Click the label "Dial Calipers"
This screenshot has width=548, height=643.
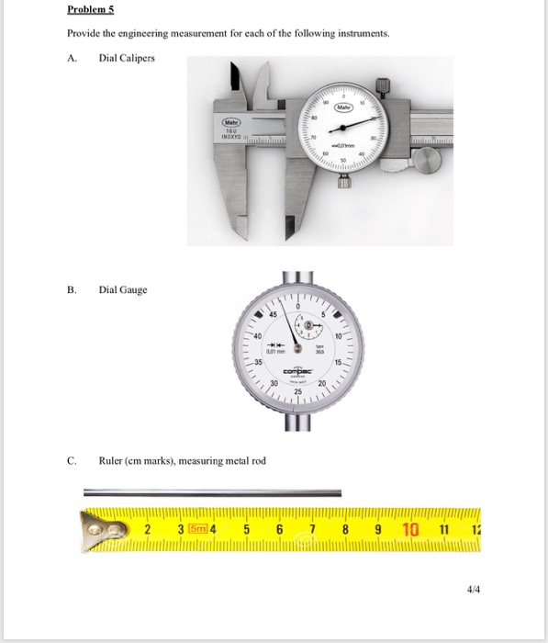(127, 58)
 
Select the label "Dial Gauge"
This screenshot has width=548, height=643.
(123, 290)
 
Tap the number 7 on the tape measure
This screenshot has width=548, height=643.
(312, 530)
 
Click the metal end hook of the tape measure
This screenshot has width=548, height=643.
(102, 530)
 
